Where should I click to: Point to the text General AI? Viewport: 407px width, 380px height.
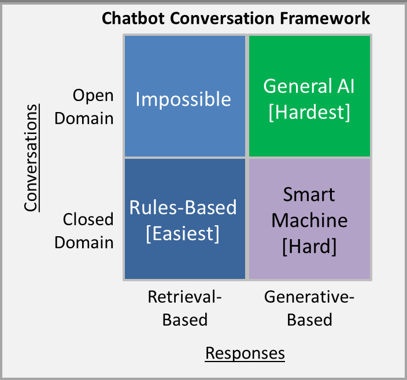309,86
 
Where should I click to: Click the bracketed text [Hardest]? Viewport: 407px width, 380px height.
309,112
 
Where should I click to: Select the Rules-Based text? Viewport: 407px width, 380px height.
183,207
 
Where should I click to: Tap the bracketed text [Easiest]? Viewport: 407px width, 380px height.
183,233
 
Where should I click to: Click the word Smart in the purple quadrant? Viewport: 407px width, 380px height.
309,195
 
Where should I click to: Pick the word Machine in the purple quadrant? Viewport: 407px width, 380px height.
309,220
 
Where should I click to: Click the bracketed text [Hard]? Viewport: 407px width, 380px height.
309,246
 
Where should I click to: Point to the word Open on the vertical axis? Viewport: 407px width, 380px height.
93,95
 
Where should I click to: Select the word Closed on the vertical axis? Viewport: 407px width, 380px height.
88,219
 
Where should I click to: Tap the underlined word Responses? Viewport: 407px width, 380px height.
245,352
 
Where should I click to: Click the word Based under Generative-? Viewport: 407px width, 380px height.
309,319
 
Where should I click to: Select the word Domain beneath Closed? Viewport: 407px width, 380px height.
84,242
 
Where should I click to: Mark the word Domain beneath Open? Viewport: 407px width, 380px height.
84,118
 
